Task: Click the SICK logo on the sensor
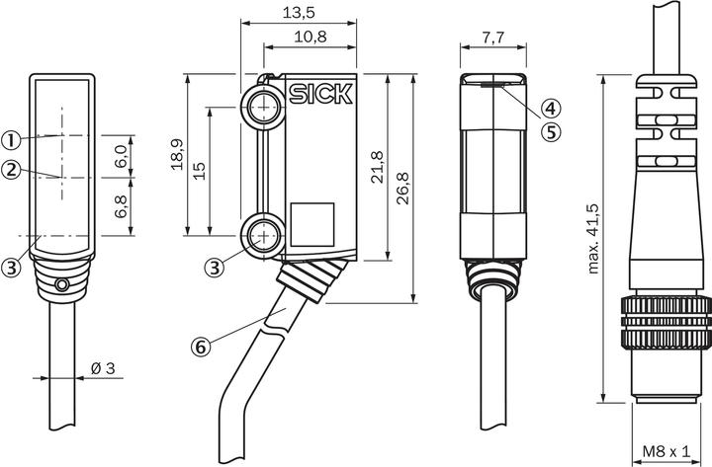point(320,94)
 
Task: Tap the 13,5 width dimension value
point(299,13)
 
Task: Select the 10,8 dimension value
point(311,37)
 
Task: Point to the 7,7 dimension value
point(493,38)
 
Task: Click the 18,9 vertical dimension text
point(177,154)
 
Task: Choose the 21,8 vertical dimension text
point(378,167)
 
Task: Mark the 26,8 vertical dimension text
point(402,189)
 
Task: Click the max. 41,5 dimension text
point(593,239)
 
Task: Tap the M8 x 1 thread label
point(667,451)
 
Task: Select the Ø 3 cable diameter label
point(103,368)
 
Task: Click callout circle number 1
point(11,140)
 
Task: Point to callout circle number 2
point(11,170)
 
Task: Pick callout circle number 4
point(551,109)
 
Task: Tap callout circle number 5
point(551,132)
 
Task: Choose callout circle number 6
point(200,348)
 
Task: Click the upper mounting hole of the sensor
point(263,109)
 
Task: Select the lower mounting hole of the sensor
point(263,236)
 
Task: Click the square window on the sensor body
point(312,224)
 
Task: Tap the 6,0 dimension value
point(121,157)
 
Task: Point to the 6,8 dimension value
point(121,206)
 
